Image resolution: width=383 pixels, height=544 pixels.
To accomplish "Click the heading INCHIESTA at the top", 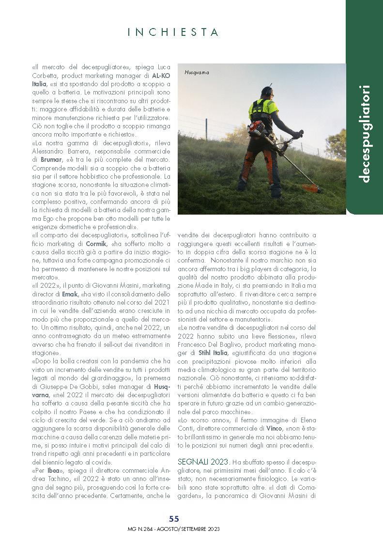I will coord(173,32).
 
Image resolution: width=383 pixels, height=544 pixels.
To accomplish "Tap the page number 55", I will coord(174,520).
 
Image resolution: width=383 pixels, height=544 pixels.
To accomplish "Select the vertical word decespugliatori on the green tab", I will coord(366,134).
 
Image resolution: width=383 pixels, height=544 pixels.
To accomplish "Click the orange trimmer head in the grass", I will coord(311,188).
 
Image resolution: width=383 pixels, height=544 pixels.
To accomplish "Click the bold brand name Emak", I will coord(70,294).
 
